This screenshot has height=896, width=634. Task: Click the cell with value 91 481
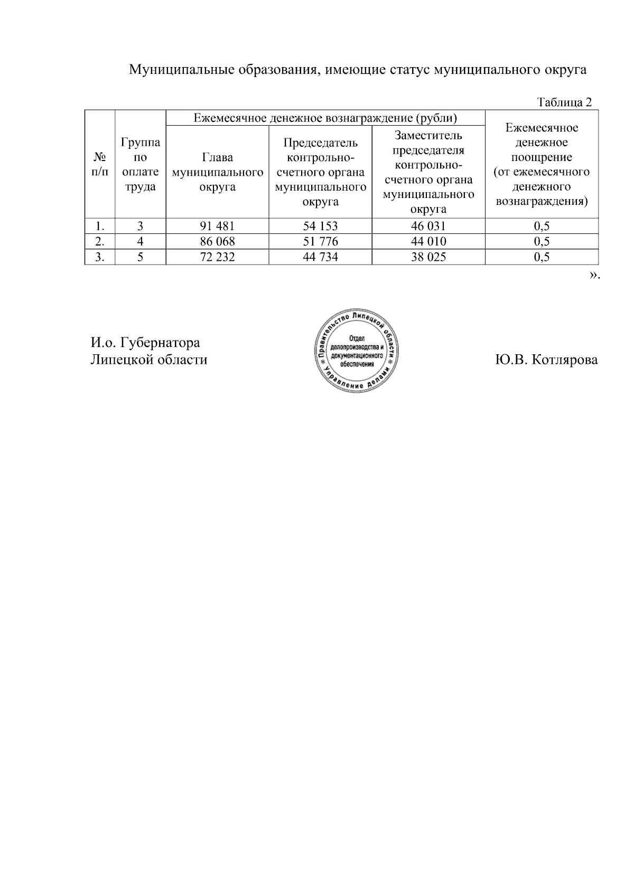coord(217,227)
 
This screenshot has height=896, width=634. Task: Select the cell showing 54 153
coord(320,227)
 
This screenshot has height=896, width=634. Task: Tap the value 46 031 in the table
coord(428,227)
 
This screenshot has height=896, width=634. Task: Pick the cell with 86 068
coord(217,242)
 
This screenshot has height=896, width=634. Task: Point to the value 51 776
coord(320,242)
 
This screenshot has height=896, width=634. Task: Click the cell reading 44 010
coord(428,242)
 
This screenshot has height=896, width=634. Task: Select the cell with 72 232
coord(217,257)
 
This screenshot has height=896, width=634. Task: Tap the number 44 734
coord(320,257)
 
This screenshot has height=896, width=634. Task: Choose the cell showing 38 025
coord(428,257)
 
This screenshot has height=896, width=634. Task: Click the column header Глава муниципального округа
coord(217,172)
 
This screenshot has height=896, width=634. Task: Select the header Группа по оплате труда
coord(141,164)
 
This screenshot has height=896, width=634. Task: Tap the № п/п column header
coord(99,164)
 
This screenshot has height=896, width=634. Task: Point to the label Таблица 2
coord(564,102)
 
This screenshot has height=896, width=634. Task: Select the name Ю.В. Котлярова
coord(546,360)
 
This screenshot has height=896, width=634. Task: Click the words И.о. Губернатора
coord(145,343)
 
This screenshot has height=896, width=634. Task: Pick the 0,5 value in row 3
coord(542,257)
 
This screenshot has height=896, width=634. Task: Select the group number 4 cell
coord(141,242)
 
